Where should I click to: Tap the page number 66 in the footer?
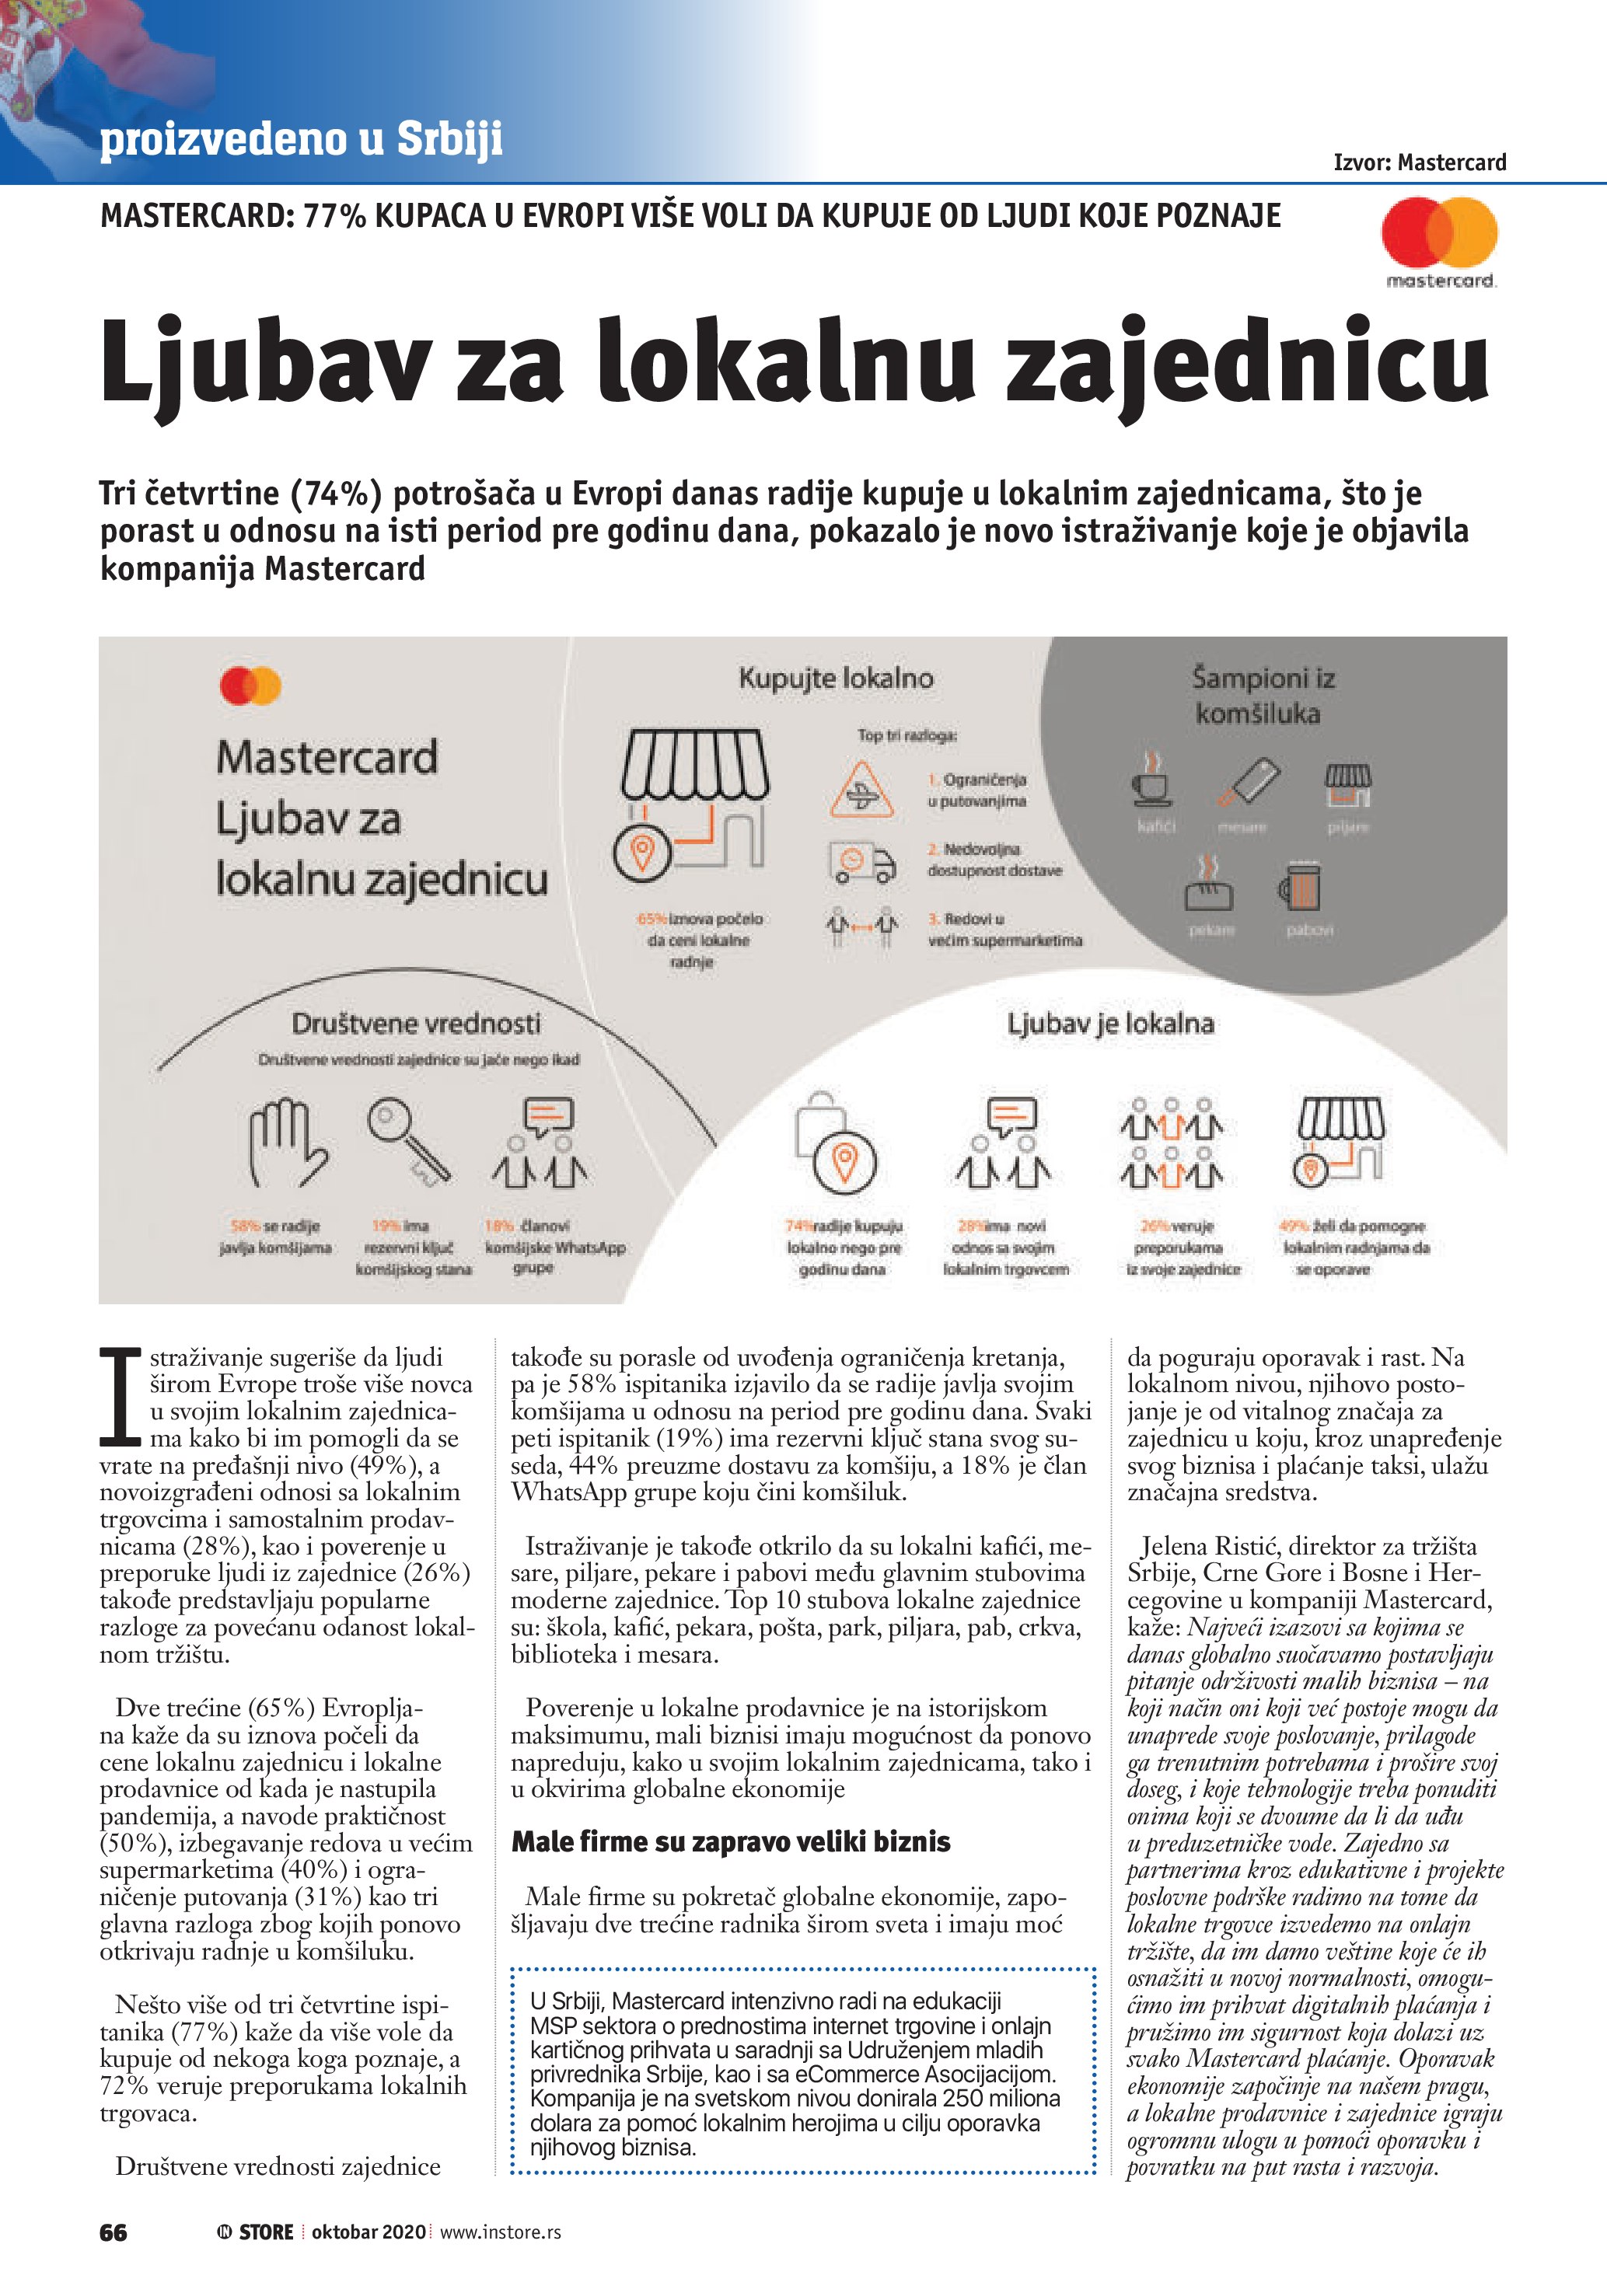(113, 2232)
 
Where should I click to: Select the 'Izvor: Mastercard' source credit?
(1419, 162)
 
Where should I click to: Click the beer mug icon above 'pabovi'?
(1300, 885)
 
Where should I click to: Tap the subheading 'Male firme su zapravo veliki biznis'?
(730, 1841)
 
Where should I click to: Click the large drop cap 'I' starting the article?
(121, 1396)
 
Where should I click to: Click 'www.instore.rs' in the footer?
(500, 2232)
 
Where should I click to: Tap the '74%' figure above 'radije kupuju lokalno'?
(798, 1226)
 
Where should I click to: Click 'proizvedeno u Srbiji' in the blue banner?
(301, 140)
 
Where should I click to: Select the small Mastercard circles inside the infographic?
(250, 686)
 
